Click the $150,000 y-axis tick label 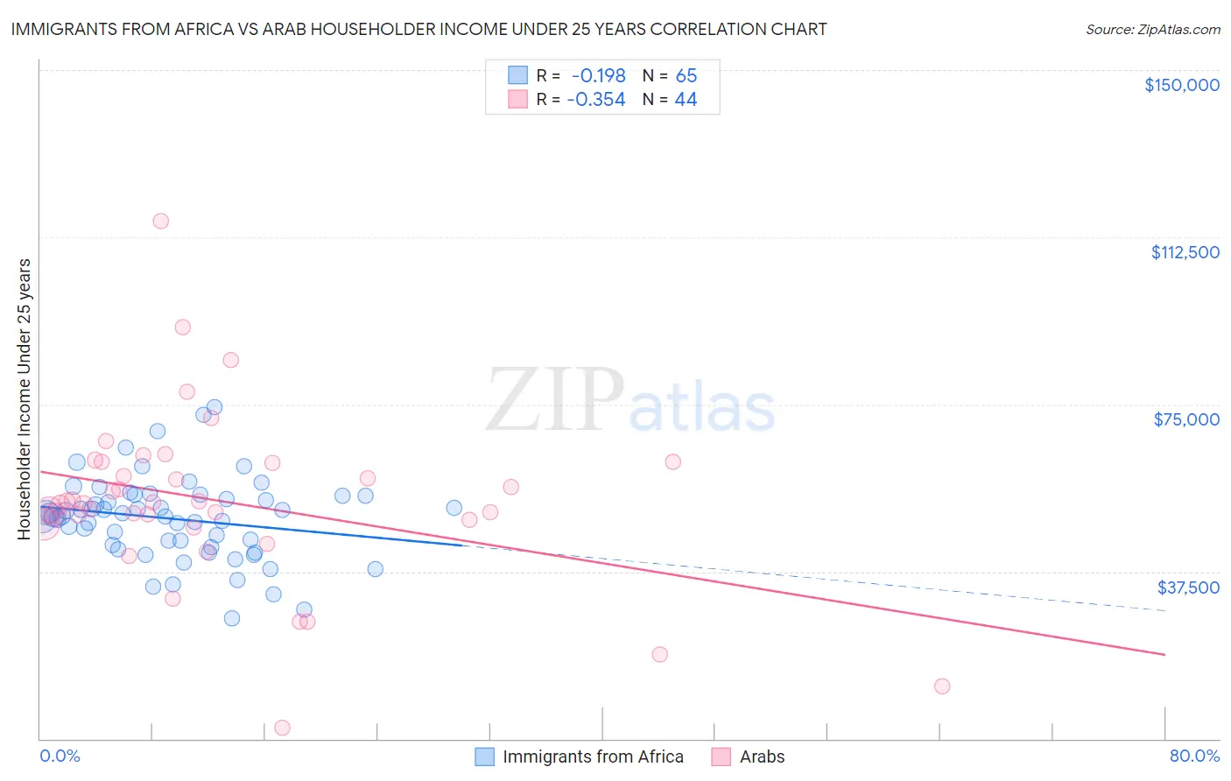coord(1181,85)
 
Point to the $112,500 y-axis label coord(1185,252)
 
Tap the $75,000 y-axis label coord(1186,419)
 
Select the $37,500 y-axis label coord(1188,588)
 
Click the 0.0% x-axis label coord(60,756)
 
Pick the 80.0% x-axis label coord(1194,756)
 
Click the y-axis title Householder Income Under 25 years coord(24,398)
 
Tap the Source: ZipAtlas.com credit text coord(1152,29)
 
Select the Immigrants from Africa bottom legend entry coord(593,756)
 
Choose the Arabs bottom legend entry coord(762,756)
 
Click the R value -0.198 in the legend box coord(599,75)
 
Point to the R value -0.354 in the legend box coord(596,100)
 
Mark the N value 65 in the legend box coord(686,75)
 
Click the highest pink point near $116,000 coord(160,221)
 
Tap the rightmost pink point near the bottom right coord(942,686)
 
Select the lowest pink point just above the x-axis coord(282,728)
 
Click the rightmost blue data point coord(454,508)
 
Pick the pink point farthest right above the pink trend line coord(672,461)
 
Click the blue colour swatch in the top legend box coord(518,75)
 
